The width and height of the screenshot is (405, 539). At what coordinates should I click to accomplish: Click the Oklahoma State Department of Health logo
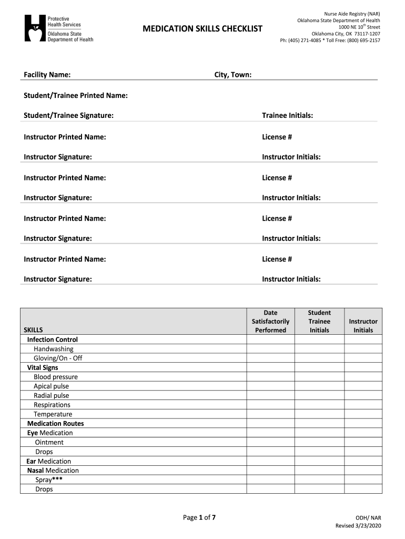[x=58, y=28]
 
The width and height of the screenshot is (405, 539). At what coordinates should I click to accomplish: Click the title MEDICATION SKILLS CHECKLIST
[x=202, y=28]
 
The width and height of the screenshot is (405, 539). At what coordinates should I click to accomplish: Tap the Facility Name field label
[x=47, y=75]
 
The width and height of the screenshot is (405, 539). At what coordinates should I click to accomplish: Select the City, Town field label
[x=232, y=75]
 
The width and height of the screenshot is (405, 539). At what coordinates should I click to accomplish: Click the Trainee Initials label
[x=288, y=115]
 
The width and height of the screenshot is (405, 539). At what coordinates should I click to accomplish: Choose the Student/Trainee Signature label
[x=69, y=115]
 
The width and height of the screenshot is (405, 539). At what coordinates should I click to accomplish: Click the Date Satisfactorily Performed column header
[x=270, y=321]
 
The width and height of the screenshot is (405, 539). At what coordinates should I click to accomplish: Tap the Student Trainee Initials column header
[x=319, y=321]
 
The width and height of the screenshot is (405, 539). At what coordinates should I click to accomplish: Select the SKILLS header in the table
[x=34, y=330]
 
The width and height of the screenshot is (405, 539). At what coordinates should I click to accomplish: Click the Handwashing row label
[x=54, y=349]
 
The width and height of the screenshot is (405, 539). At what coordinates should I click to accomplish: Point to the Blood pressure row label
[x=56, y=377]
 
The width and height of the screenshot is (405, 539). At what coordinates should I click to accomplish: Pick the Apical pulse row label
[x=52, y=386]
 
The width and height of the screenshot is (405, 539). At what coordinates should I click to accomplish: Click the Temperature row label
[x=53, y=414]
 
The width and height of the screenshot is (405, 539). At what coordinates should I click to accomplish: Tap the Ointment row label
[x=49, y=442]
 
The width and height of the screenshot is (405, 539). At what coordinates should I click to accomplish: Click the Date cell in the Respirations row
[x=270, y=405]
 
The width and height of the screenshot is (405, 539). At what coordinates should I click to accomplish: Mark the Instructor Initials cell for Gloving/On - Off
[x=363, y=358]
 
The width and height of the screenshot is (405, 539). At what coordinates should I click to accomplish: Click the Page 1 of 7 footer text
[x=199, y=517]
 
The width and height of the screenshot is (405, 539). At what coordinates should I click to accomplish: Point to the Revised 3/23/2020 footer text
[x=358, y=526]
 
